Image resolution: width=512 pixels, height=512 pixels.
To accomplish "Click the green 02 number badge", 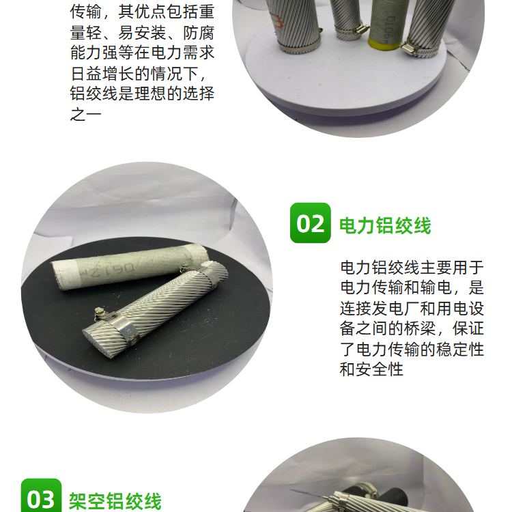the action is [x=310, y=223].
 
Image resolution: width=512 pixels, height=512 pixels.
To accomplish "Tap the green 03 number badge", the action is [x=41, y=496].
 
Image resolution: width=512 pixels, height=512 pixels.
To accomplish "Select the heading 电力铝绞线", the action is [x=385, y=225].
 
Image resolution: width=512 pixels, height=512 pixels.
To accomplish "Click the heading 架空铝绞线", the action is [x=115, y=502].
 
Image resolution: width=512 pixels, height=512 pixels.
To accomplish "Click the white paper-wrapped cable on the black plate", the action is [x=130, y=266].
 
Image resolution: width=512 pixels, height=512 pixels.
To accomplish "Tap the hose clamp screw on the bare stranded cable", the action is [x=99, y=313].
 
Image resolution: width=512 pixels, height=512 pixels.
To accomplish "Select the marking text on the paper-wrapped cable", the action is [x=107, y=270].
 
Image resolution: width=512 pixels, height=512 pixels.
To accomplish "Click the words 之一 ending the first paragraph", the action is [x=85, y=114].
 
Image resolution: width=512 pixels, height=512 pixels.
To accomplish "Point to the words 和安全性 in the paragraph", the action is [x=371, y=369].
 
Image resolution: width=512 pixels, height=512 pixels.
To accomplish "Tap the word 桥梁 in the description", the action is [x=420, y=328].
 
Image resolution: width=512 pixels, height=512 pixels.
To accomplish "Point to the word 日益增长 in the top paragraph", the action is [x=102, y=74].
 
